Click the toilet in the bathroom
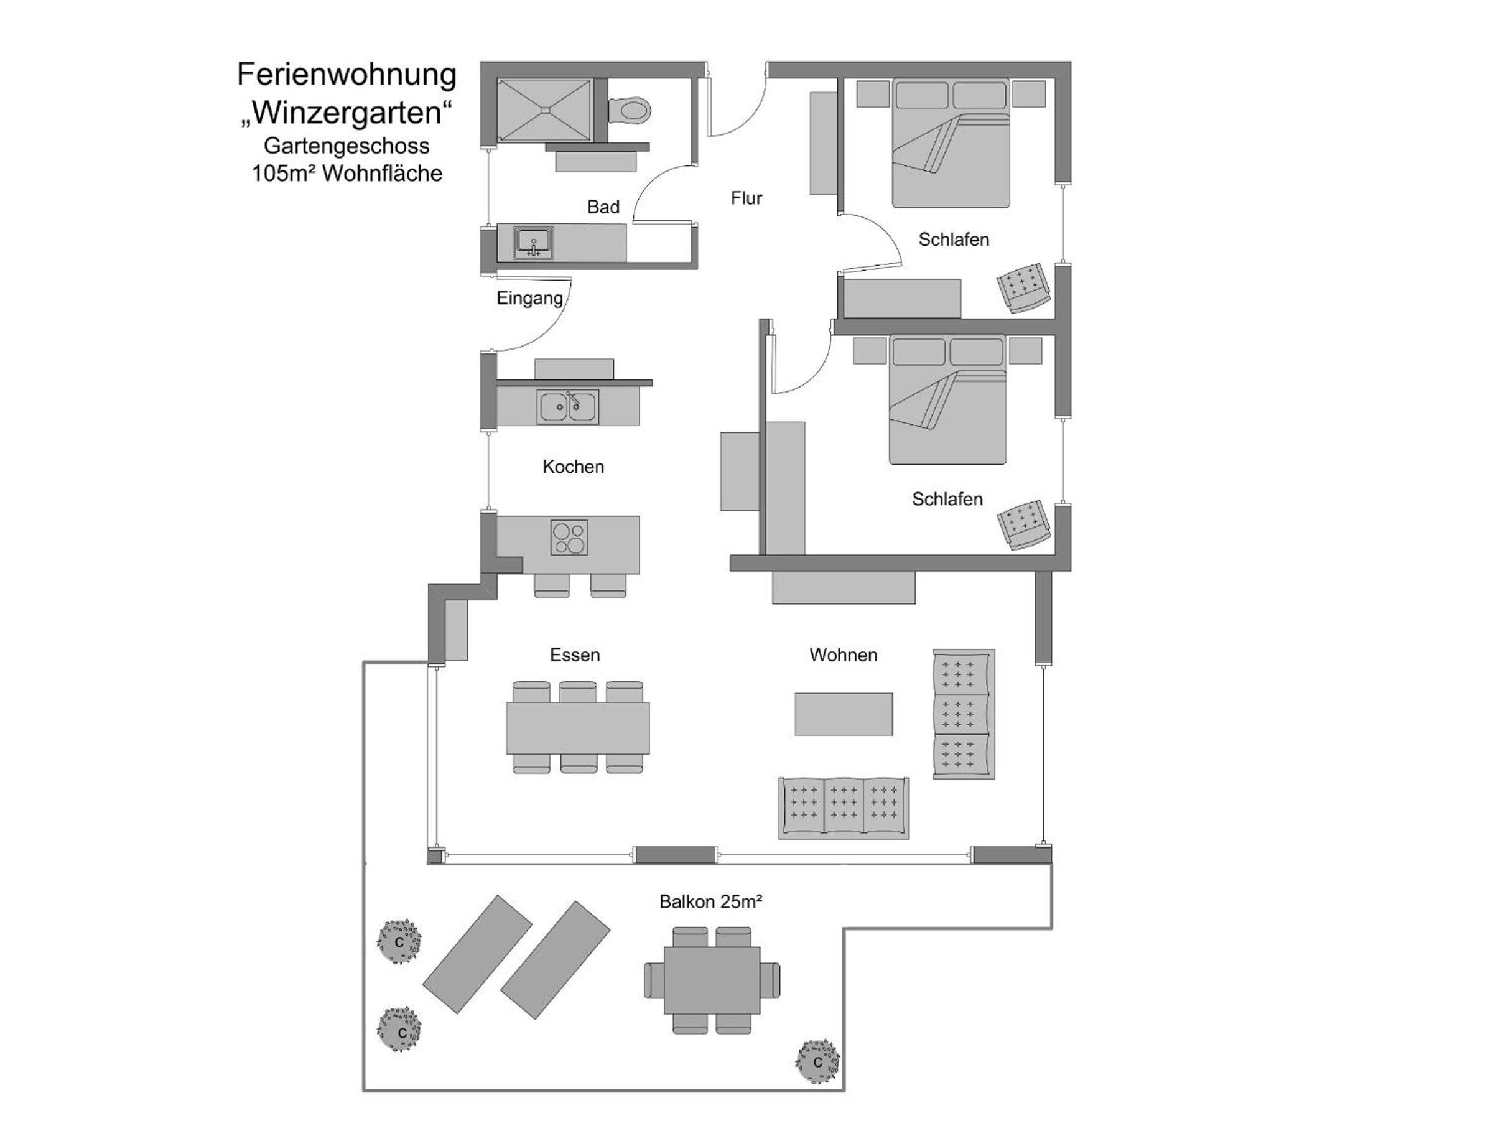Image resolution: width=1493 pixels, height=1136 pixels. click(x=629, y=109)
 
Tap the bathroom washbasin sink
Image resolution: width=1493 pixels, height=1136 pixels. click(x=534, y=242)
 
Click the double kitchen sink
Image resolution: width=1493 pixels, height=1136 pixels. click(x=568, y=407)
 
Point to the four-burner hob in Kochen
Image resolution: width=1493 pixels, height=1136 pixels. click(x=569, y=537)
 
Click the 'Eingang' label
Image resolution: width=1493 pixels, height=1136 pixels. click(x=529, y=298)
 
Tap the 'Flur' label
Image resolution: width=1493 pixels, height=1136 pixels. click(x=746, y=198)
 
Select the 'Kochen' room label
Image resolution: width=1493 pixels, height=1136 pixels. click(x=574, y=467)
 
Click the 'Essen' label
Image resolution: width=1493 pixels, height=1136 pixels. click(x=575, y=654)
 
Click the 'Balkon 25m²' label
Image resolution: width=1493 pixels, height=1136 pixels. click(x=711, y=901)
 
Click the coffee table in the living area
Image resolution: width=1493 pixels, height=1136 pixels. click(x=844, y=714)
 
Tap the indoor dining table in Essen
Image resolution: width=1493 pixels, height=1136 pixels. click(x=578, y=728)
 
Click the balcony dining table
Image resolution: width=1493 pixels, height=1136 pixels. click(x=712, y=980)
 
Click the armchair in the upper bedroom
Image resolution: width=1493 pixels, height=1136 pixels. click(x=1024, y=287)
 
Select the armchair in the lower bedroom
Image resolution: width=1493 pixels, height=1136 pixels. click(x=1024, y=524)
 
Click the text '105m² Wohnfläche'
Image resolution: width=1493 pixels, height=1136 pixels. click(x=347, y=174)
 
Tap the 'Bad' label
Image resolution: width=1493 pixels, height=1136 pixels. click(x=603, y=207)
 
